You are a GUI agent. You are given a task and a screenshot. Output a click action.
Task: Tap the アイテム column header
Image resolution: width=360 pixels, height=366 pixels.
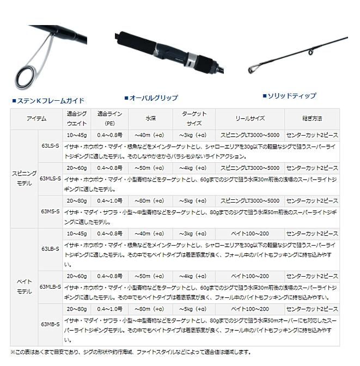[36, 118]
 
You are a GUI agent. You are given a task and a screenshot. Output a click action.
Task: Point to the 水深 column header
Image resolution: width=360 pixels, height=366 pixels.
[150, 118]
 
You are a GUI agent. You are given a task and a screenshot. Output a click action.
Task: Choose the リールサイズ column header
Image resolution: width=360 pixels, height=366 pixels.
[250, 118]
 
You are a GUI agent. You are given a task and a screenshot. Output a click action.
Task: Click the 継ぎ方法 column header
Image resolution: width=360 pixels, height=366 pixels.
[312, 118]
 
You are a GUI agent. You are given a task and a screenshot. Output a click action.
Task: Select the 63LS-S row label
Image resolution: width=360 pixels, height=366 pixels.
[50, 146]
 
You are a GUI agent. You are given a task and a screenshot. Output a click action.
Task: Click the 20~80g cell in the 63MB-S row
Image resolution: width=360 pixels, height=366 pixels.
[77, 309]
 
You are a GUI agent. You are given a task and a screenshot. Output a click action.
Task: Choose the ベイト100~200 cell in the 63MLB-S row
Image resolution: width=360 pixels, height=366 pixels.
[250, 277]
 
